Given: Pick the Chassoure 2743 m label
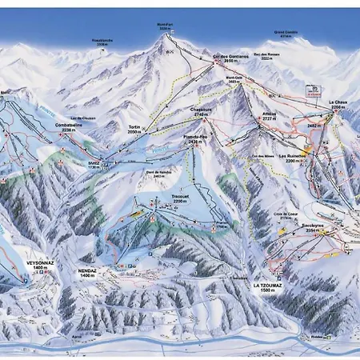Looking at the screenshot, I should pos(200,112).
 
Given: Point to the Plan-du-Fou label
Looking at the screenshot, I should pos(196,141).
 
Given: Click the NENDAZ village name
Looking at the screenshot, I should pos(89,272).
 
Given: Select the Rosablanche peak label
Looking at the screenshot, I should pos(102,45).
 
